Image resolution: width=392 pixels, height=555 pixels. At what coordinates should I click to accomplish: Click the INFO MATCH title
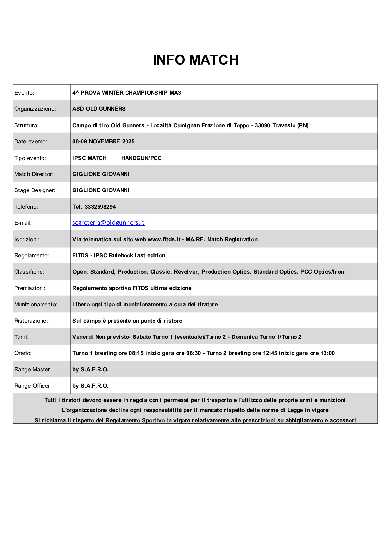click(195, 60)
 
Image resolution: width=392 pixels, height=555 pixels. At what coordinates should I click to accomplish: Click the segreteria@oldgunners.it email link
click(108, 223)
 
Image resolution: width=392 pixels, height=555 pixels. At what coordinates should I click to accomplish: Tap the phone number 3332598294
click(100, 207)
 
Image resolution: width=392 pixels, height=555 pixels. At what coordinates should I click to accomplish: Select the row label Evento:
click(24, 93)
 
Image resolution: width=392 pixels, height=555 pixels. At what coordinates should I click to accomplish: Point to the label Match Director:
click(34, 174)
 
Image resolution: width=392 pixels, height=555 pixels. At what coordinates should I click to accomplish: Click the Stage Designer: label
click(35, 190)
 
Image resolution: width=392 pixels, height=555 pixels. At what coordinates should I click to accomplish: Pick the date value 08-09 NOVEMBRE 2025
click(103, 141)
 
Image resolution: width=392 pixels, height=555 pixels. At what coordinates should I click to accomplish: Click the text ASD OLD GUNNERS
click(99, 109)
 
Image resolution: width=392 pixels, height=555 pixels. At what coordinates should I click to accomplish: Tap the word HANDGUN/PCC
click(141, 158)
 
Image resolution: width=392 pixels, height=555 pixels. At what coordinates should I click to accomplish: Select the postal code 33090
click(262, 125)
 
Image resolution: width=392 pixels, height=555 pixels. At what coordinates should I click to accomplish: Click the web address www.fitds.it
click(164, 239)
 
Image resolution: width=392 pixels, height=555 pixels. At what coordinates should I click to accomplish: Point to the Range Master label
click(32, 369)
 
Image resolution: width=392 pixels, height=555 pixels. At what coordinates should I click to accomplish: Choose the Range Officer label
click(32, 386)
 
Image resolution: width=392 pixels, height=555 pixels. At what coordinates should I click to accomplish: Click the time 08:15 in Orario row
click(136, 353)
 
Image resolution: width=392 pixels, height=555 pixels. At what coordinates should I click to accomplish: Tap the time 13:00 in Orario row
click(327, 353)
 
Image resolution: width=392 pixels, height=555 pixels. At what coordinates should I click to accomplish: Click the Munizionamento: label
click(36, 304)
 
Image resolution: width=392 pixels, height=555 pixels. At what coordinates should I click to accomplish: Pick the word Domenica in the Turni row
click(244, 337)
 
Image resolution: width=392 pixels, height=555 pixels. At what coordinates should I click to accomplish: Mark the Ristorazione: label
click(31, 321)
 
